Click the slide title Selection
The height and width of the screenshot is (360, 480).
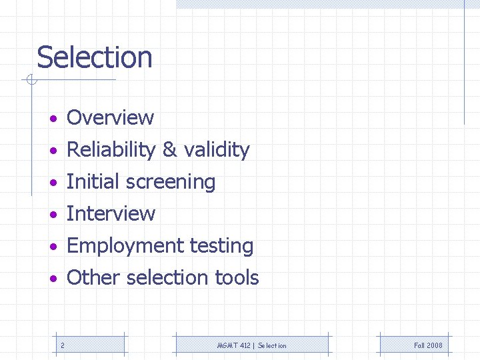point(95,57)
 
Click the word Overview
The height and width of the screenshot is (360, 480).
point(111,118)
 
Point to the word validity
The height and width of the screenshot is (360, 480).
point(216,150)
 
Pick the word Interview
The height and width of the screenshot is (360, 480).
point(111,214)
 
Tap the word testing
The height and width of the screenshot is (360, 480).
point(221,246)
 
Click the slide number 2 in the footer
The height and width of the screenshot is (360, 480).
point(62,345)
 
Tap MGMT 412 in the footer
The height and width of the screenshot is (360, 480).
point(233,345)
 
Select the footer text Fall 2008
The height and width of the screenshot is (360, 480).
point(428,345)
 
